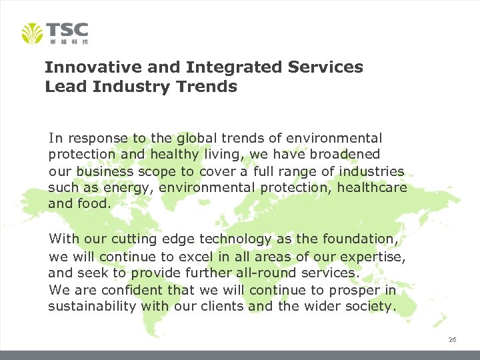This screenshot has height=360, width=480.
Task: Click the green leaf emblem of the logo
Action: pyautogui.click(x=32, y=33)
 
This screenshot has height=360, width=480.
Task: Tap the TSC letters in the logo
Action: pyautogui.click(x=67, y=30)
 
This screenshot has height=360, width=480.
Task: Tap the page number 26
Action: pyautogui.click(x=452, y=340)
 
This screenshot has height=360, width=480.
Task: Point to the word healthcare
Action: pyautogui.click(x=371, y=187)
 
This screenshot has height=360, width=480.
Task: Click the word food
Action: pyautogui.click(x=93, y=203)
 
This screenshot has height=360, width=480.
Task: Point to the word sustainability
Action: pyautogui.click(x=92, y=307)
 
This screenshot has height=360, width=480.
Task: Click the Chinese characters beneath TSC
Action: pyautogui.click(x=69, y=41)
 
